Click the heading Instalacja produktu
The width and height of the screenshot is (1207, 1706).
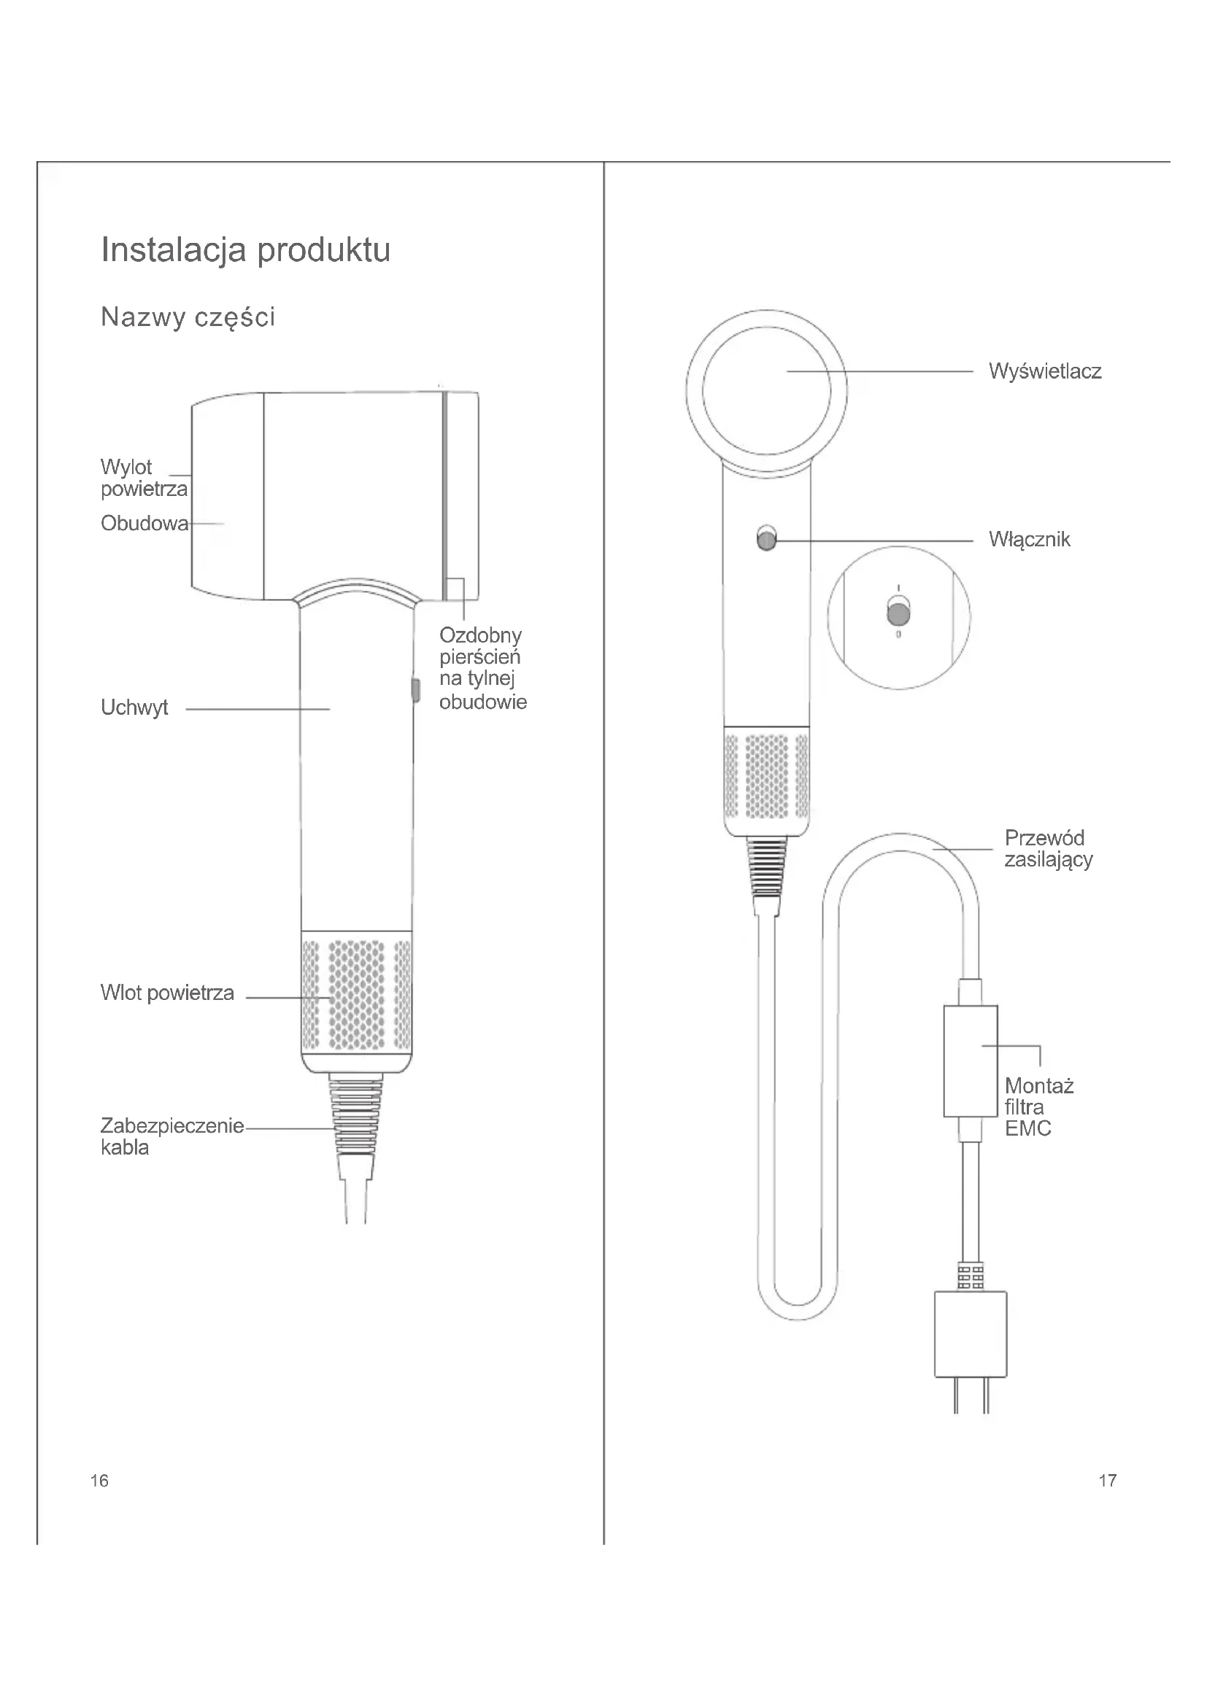245,249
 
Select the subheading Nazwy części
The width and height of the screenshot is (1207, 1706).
188,317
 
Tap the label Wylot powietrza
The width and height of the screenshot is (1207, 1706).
144,478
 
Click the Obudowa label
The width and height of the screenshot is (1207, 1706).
144,524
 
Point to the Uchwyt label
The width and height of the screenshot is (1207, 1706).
134,707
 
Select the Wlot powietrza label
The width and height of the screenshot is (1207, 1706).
167,993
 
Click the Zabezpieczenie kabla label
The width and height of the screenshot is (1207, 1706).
171,1136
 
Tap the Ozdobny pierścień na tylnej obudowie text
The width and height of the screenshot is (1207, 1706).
482,668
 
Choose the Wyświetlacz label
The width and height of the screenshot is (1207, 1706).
1044,371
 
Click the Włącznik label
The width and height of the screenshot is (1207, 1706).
1029,540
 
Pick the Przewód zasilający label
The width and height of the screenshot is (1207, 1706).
1048,848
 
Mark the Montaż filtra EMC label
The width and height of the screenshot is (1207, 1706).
1038,1107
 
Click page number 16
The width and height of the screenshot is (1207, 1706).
99,1481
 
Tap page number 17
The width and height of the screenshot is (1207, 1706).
1107,1481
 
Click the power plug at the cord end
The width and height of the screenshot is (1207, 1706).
970,1335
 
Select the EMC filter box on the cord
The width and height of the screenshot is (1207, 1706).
970,1061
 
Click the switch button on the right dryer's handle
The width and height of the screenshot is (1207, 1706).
766,538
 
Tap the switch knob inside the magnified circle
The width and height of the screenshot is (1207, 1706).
898,614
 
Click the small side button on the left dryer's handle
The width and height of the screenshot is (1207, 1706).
415,689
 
